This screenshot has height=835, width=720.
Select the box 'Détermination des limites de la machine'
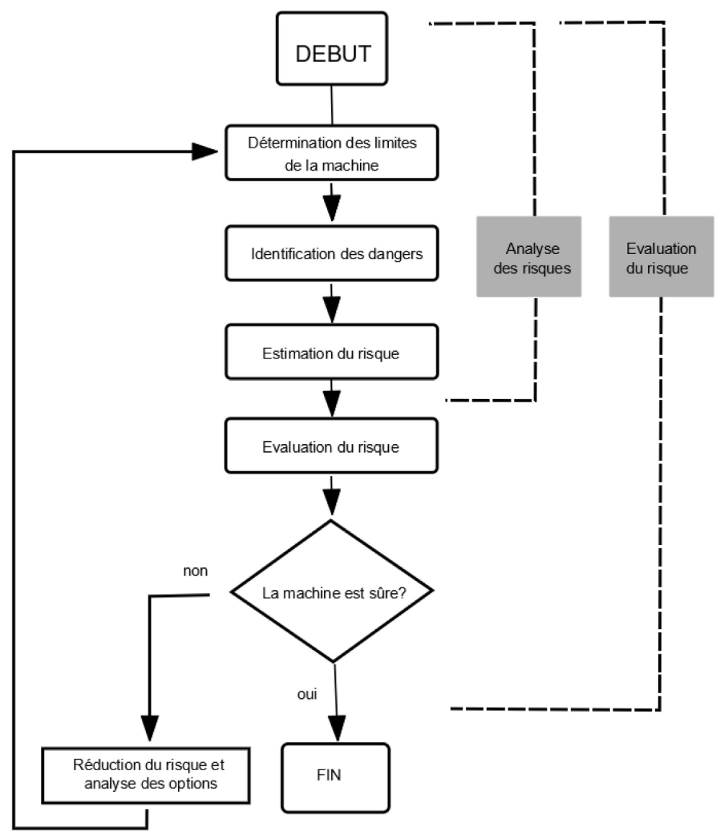click(332, 153)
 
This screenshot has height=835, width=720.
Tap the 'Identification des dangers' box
click(332, 253)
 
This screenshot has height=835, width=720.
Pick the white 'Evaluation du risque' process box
click(332, 446)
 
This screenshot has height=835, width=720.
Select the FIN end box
click(335, 776)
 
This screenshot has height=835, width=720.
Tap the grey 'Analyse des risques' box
click(529, 257)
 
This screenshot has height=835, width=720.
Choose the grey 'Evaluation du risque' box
click(661, 257)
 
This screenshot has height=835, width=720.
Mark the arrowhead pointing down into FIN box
click(337, 727)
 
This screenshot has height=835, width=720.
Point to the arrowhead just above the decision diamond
click(331, 499)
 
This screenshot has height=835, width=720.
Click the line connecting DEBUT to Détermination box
click(331, 104)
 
